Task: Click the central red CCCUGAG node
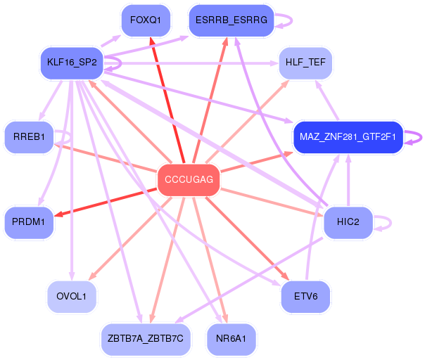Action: pos(189,180)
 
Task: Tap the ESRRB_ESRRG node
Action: pos(231,20)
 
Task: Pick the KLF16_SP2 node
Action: pos(72,63)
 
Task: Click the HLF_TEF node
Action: pos(305,63)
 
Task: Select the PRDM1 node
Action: pos(29,222)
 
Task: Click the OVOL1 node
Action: pos(71,296)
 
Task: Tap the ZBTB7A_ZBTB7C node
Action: pos(146,339)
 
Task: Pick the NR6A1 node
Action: pos(231,339)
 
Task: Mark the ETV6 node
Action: pos(305,296)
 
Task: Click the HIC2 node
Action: pos(348,222)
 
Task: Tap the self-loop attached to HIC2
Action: pos(388,222)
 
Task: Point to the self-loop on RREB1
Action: pos(68,136)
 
